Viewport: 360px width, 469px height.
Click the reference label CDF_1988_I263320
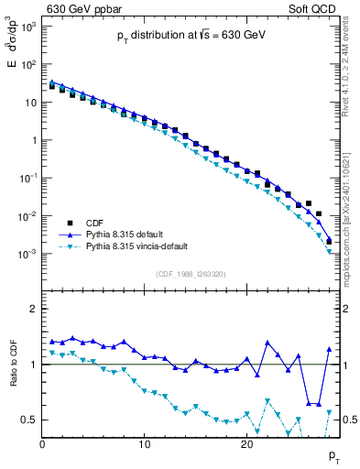191,274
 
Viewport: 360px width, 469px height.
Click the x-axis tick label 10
144,444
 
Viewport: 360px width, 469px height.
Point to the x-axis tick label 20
246,444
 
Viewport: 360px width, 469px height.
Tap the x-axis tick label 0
42,444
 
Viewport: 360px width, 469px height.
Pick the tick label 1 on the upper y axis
33,140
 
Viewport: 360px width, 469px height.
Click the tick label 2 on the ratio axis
33,310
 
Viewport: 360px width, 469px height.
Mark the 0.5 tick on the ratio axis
29,420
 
